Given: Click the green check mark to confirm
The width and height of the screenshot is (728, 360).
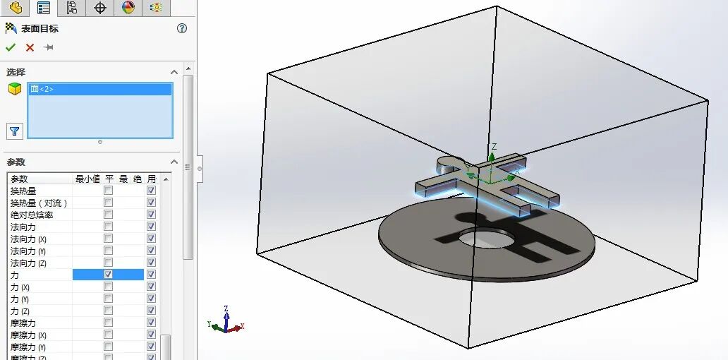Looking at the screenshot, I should [10, 47].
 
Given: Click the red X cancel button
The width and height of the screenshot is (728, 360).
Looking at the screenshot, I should [30, 47].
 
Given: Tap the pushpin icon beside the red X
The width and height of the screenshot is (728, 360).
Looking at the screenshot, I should [49, 47].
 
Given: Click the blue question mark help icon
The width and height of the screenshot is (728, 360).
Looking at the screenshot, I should [182, 28].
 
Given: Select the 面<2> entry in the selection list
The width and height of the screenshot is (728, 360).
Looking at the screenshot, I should [42, 89].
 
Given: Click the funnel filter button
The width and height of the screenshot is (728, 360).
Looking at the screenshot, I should [14, 131].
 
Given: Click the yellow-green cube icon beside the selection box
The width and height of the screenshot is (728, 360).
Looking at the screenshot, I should [14, 89].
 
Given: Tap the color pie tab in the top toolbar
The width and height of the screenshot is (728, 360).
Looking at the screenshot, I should [128, 8].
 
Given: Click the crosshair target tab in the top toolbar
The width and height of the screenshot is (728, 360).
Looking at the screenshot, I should [100, 8].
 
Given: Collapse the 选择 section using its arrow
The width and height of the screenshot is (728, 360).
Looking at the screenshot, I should [174, 72].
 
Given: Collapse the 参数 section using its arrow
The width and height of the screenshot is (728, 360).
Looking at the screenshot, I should [174, 162].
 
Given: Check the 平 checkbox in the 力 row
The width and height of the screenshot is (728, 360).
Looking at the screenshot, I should [108, 274].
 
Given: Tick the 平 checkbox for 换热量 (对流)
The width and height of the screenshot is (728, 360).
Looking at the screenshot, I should [108, 203].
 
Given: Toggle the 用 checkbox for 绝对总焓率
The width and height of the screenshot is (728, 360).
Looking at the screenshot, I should [151, 215].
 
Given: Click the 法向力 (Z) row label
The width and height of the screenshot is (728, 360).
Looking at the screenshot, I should [28, 263].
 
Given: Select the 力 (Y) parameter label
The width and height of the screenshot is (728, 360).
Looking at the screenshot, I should [20, 299].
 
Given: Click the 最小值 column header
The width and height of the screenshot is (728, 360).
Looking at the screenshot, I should [88, 179].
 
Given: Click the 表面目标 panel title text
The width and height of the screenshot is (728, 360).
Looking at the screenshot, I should [40, 29].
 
